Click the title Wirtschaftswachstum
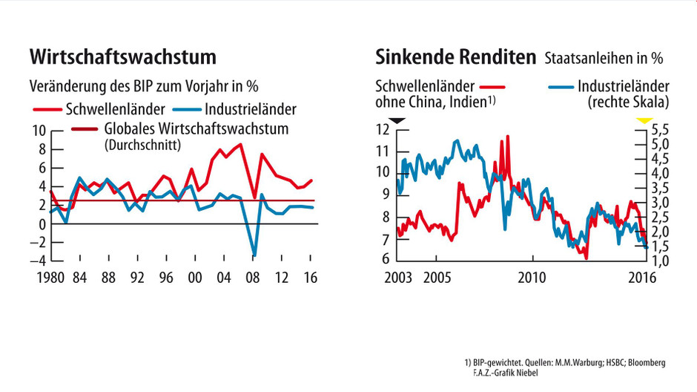[122, 57]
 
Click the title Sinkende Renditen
[455, 57]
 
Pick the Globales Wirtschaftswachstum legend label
[196, 129]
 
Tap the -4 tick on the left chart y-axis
[36, 261]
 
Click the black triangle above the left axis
[397, 120]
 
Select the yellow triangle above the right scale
[644, 120]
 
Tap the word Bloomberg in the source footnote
[643, 362]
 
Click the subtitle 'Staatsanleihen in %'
[604, 58]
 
